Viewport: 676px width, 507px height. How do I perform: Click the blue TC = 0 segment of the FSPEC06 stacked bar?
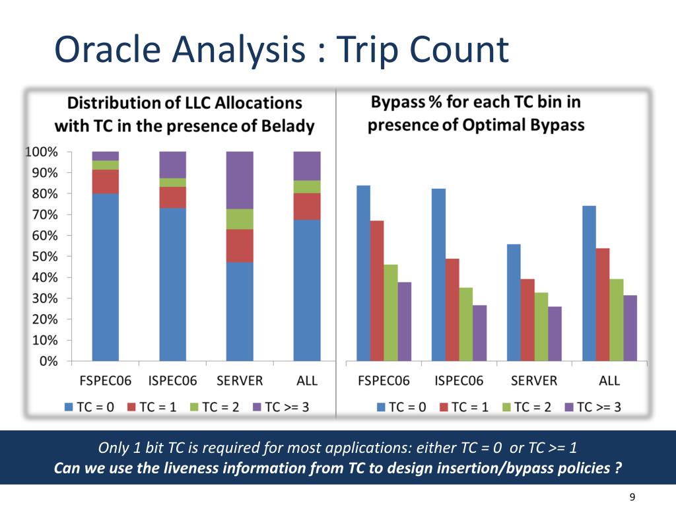[106, 277]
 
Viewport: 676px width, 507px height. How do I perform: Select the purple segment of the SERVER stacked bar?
[240, 180]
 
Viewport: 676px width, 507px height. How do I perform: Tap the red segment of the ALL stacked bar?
[307, 206]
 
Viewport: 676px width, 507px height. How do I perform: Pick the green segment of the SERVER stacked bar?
[240, 219]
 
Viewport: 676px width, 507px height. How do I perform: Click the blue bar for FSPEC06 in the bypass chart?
[363, 273]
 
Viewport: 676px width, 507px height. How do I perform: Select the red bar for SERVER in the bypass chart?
[527, 320]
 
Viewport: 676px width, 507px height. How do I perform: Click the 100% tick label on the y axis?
[42, 152]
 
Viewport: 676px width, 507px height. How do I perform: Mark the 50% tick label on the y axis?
[44, 256]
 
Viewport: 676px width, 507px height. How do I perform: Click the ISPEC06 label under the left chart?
[172, 381]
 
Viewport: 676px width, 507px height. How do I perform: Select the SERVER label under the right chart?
[534, 381]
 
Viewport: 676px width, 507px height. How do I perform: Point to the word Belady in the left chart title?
[287, 125]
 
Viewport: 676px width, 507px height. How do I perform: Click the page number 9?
[633, 497]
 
